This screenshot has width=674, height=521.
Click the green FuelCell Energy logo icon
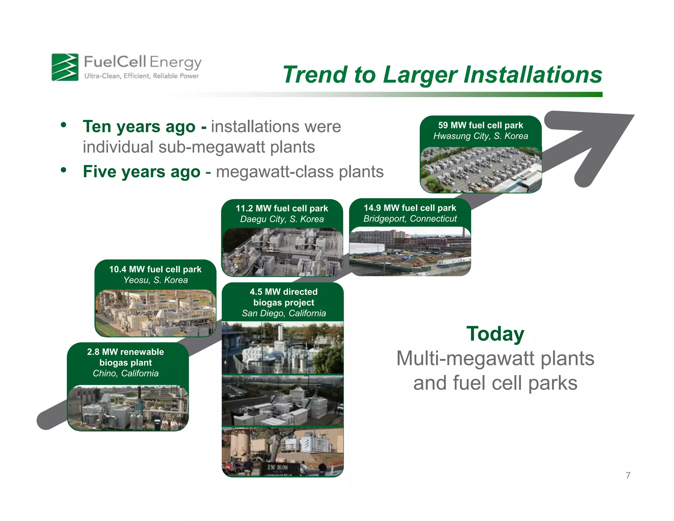click(65, 67)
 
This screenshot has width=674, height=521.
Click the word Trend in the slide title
click(315, 75)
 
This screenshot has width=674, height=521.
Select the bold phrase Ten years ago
click(139, 127)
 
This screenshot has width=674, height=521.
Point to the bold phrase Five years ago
click(142, 172)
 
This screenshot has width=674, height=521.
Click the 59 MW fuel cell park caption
click(480, 125)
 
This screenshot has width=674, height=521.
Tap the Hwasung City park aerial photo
click(480, 170)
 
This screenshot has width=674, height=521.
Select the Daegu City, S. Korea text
click(282, 219)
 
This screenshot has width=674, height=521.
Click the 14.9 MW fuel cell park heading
click(410, 208)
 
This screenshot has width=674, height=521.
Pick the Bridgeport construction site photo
click(410, 252)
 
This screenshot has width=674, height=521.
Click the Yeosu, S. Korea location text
click(155, 280)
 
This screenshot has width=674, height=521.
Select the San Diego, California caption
click(283, 313)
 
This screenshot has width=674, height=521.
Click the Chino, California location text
click(125, 373)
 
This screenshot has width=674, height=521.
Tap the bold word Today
click(495, 334)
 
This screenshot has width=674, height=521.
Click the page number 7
click(628, 475)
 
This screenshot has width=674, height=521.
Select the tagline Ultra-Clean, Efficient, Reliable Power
click(142, 76)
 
